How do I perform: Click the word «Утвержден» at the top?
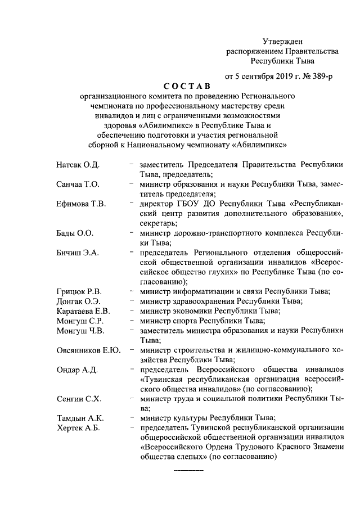coord(283,40)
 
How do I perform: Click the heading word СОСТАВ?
coord(186,86)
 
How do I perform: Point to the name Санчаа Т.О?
coord(78,184)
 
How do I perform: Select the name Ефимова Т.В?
coord(81,204)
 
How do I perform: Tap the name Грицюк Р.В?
coord(79,291)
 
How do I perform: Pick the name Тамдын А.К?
coord(79,418)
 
